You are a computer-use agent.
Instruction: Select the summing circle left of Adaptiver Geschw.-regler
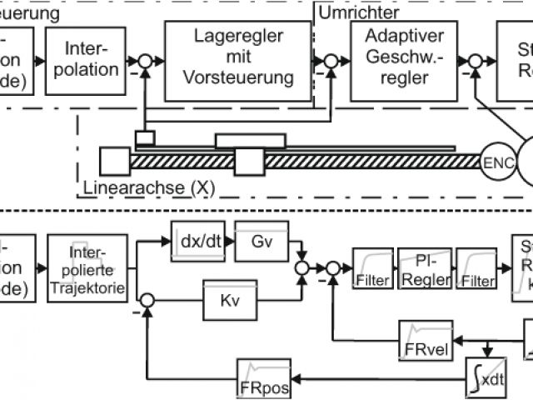coord(331,60)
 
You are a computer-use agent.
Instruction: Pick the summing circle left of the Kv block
coord(146,297)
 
